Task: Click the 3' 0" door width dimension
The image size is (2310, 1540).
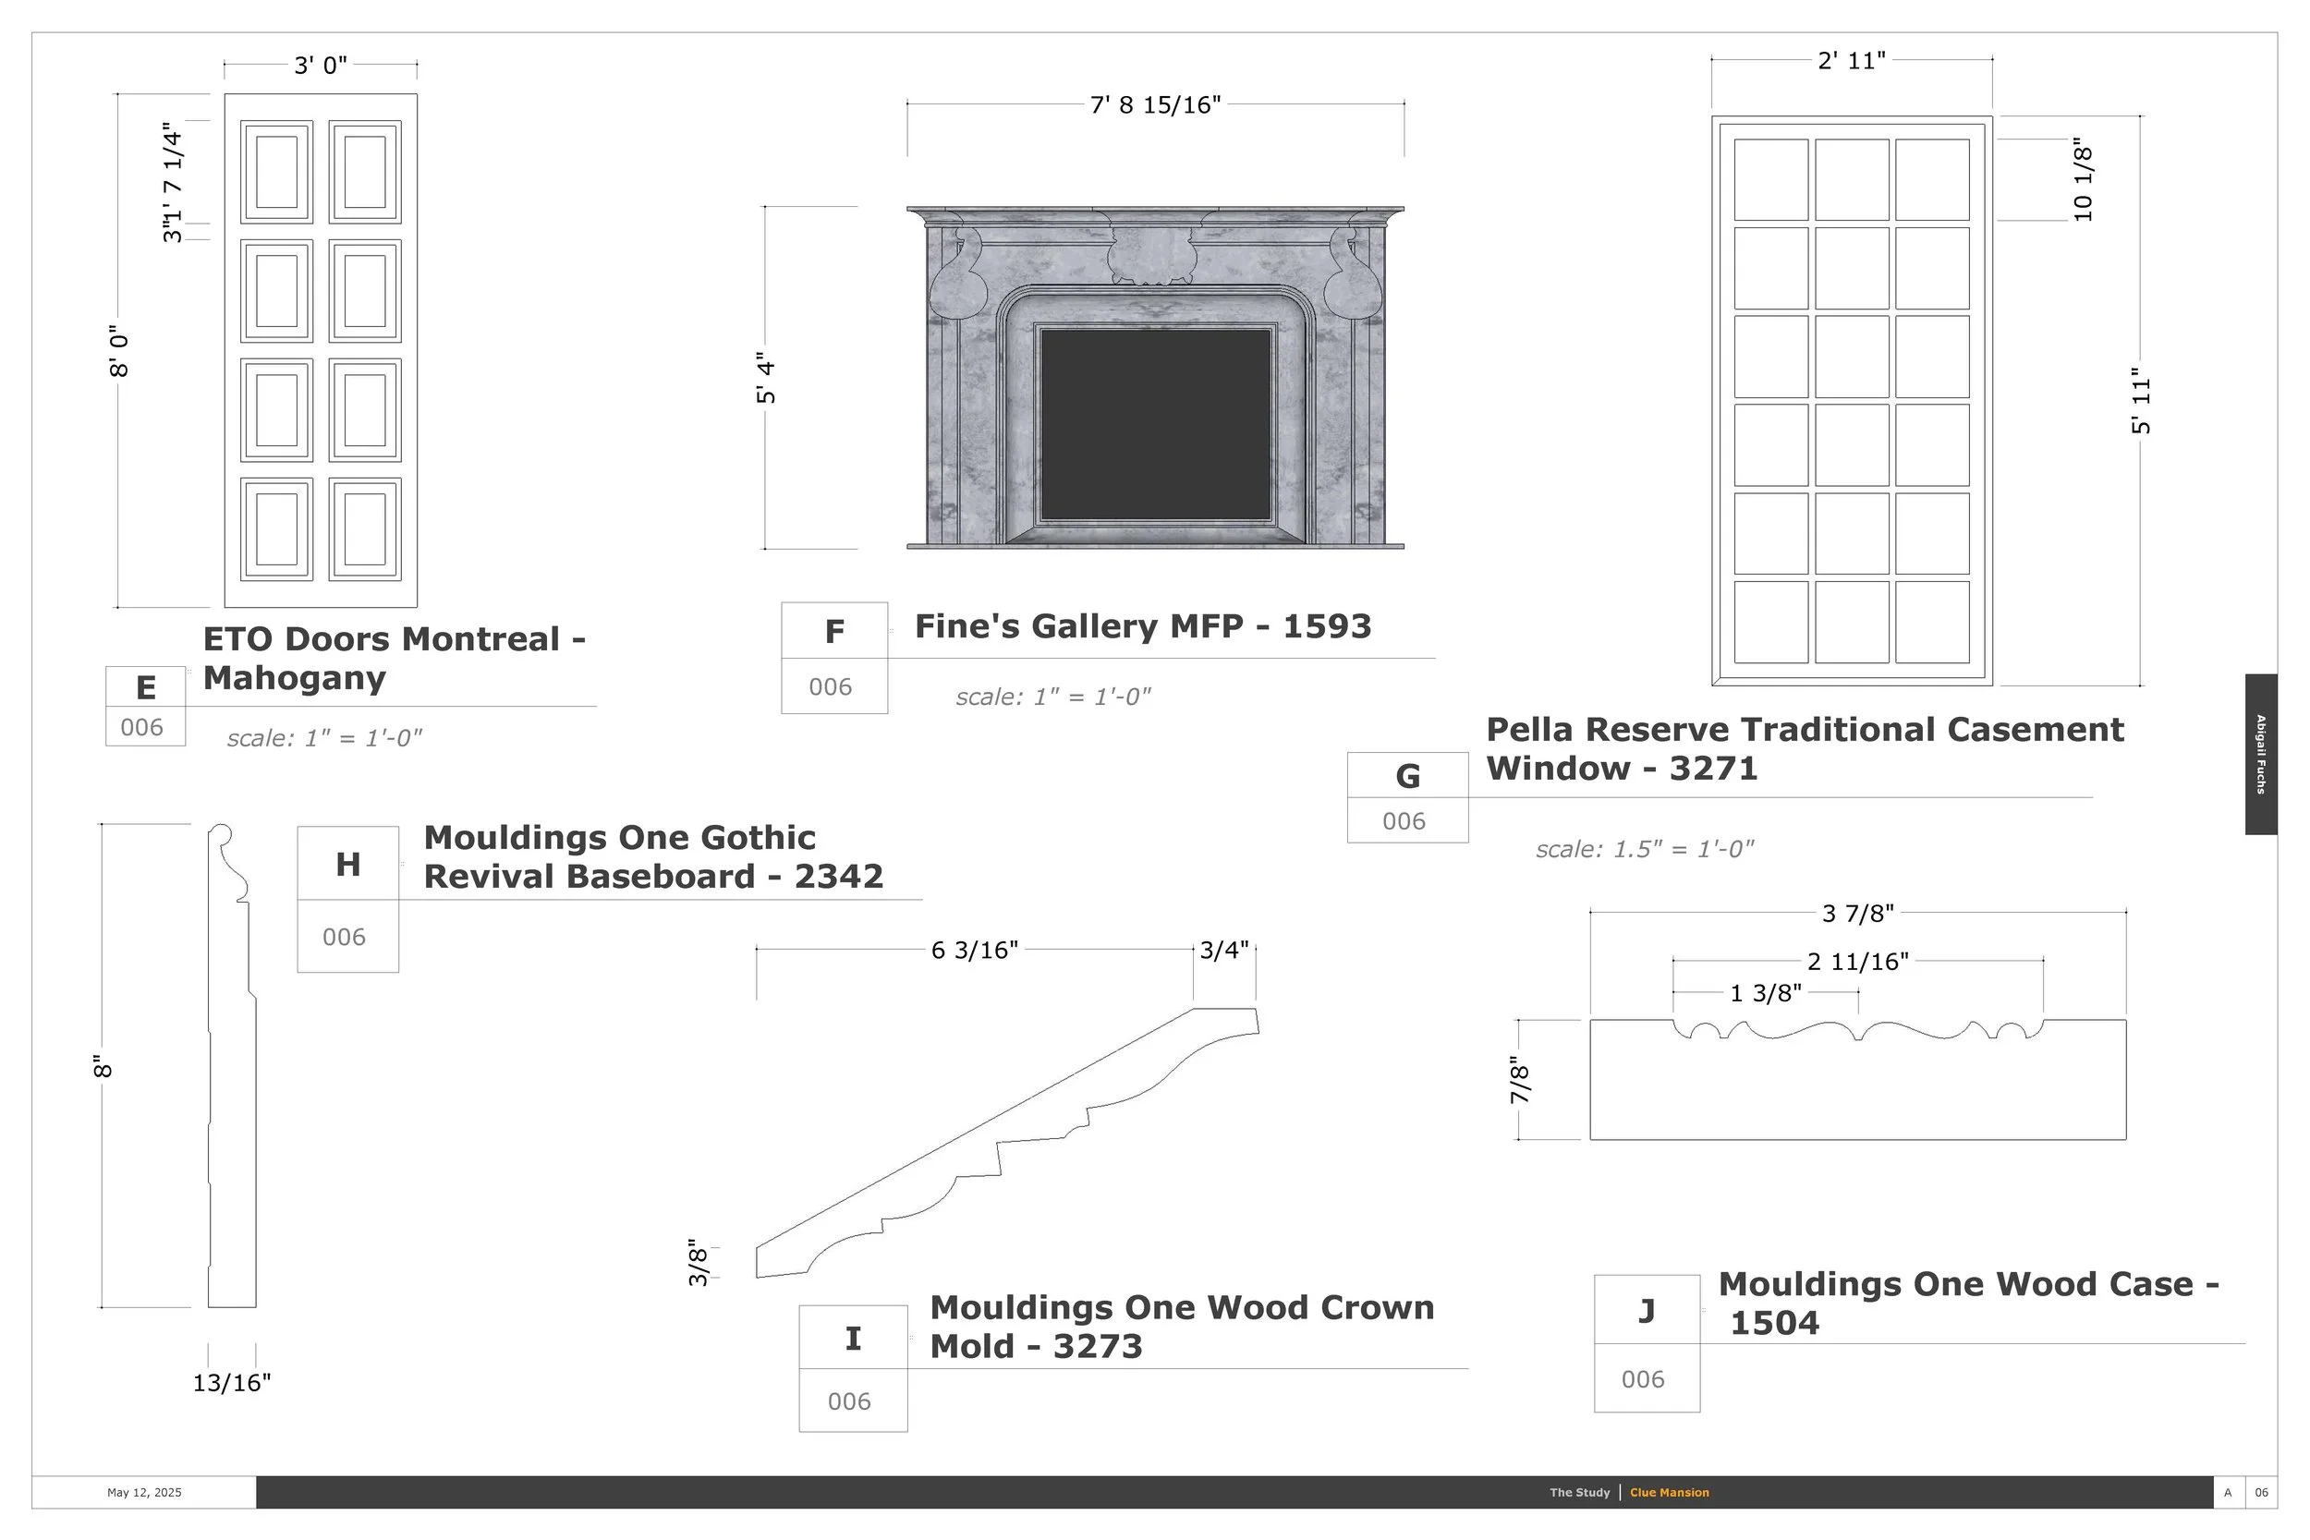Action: [321, 66]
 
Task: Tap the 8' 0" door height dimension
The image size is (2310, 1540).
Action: [119, 352]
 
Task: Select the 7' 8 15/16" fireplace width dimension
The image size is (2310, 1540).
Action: [1155, 104]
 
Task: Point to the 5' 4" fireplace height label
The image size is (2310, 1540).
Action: [766, 377]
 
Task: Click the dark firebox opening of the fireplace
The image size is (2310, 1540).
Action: [1155, 424]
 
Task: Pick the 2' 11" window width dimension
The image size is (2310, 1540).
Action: [1852, 61]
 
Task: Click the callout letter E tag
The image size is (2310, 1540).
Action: [145, 687]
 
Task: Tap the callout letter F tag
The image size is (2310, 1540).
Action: [833, 632]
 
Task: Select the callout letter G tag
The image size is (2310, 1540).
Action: [1407, 776]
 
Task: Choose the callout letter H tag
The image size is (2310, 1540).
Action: [347, 865]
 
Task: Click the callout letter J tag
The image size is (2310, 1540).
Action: [1646, 1310]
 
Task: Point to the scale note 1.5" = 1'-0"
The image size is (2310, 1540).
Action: [1644, 849]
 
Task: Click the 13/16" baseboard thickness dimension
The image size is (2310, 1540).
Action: [232, 1383]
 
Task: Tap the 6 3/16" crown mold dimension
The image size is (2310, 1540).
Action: [974, 950]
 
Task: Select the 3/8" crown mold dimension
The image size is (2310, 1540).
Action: [698, 1262]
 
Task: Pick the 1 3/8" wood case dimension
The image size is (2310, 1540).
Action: [1765, 993]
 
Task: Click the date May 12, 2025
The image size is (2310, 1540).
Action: [144, 1493]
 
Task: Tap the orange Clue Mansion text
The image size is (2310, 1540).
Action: [1669, 1493]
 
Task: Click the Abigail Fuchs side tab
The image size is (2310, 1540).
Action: [2260, 754]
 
